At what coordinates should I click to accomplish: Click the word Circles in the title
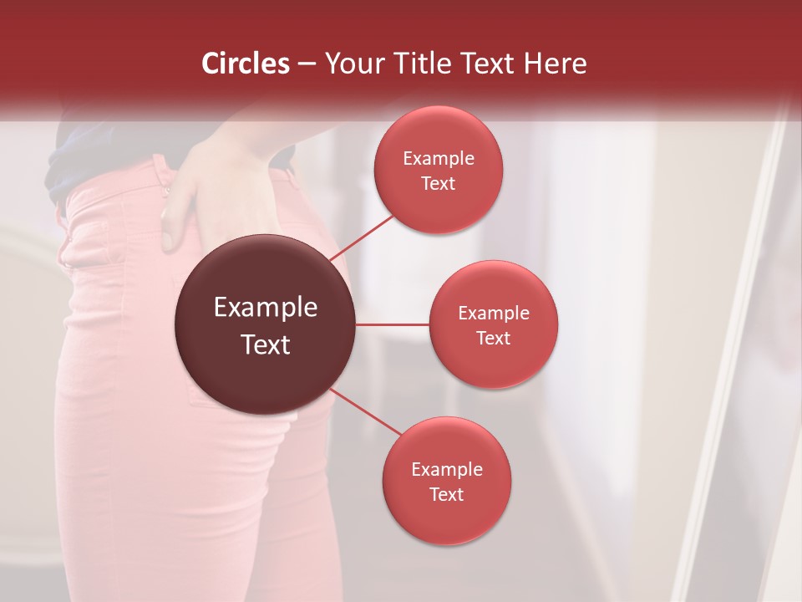[246, 64]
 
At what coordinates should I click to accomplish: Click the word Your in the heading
[354, 64]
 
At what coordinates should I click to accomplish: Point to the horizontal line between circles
[393, 324]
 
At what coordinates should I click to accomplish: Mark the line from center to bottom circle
[366, 411]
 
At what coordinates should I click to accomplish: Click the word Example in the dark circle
[266, 308]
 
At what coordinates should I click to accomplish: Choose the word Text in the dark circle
[266, 344]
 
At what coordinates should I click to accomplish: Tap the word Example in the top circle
[439, 158]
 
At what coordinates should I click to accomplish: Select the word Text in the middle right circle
[494, 338]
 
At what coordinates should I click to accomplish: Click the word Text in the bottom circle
[447, 494]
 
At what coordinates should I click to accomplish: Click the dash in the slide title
[306, 64]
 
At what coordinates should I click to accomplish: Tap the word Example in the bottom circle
[447, 469]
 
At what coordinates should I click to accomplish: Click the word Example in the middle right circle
[494, 313]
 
